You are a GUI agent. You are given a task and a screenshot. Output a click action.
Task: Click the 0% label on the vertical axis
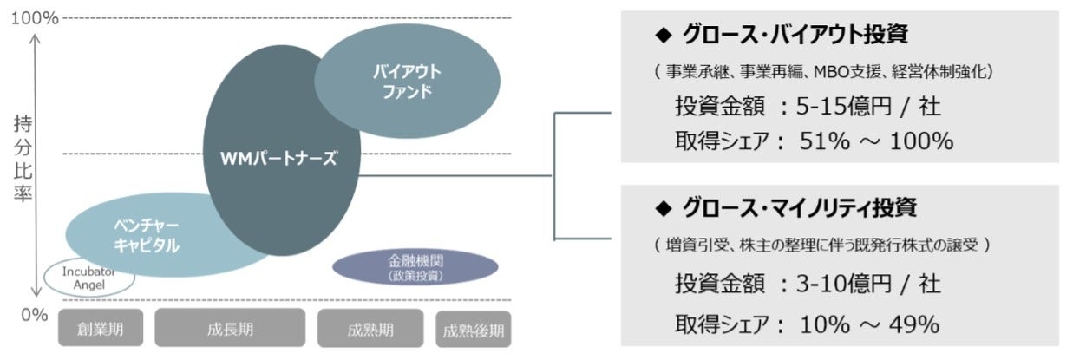(x=34, y=314)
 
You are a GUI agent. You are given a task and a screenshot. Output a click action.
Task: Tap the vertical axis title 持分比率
(x=23, y=160)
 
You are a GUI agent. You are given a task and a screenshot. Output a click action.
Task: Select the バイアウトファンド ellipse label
(x=407, y=82)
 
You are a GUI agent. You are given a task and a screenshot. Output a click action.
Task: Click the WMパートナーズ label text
(x=279, y=160)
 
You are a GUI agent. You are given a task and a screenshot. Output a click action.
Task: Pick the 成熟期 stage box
(x=370, y=330)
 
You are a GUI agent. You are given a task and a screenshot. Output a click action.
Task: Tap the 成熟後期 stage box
(x=473, y=331)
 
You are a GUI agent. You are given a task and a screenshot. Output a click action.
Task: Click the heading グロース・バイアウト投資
(x=795, y=36)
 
